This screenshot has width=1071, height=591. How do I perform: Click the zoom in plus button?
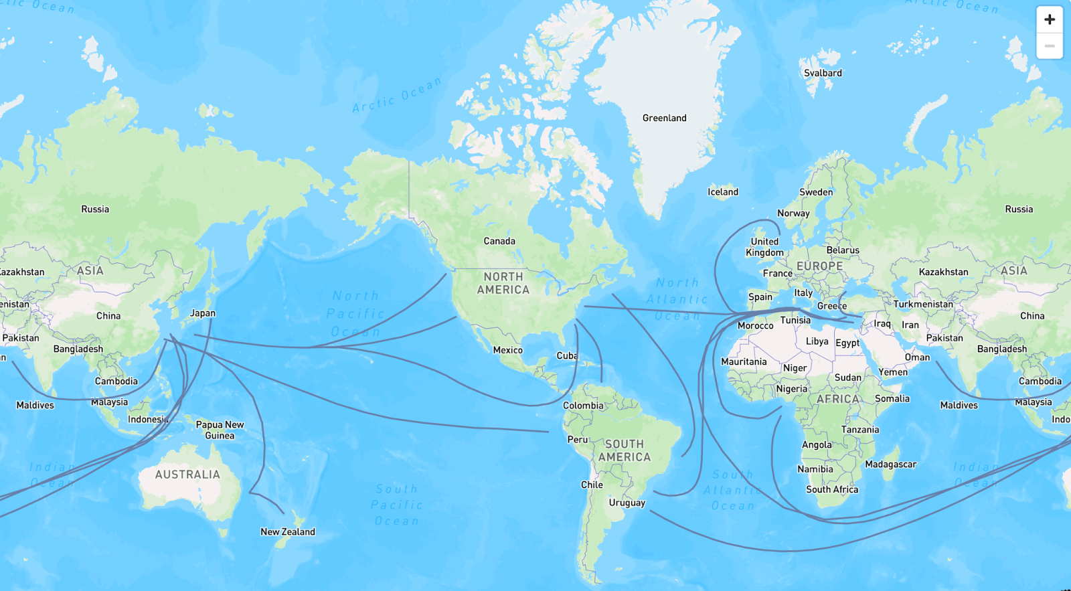(1049, 19)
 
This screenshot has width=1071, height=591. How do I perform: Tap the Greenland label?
(664, 118)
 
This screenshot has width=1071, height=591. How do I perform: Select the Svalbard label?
(823, 73)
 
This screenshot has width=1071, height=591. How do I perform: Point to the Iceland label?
(723, 192)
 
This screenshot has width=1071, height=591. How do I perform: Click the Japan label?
(202, 313)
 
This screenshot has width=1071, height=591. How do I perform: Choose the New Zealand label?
(288, 531)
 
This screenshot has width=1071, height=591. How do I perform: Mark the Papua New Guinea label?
(220, 430)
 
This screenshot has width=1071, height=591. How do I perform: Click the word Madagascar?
(890, 464)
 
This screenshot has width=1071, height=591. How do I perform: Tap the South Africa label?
(832, 489)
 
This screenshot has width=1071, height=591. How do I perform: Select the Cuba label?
(566, 355)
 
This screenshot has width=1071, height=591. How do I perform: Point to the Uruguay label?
(627, 503)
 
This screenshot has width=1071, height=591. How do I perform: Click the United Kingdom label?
(764, 247)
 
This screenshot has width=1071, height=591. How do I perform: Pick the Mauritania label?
(744, 361)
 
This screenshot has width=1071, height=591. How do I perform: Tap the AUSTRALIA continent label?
(187, 475)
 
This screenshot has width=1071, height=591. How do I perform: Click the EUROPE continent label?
(820, 266)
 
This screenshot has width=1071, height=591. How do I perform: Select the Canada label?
(499, 241)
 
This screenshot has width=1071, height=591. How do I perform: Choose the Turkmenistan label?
(923, 304)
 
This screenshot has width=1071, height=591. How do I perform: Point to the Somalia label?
(892, 398)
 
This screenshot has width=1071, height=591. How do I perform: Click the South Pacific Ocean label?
(396, 505)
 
